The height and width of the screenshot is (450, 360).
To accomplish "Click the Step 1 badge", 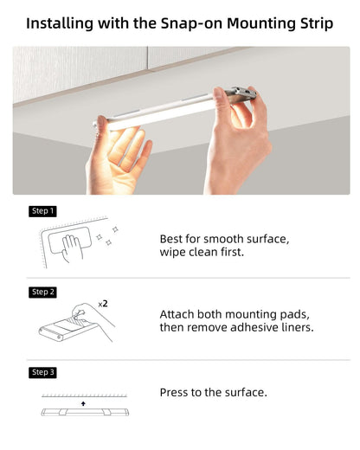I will pyautogui.click(x=43, y=211).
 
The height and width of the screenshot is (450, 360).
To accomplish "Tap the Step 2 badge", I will pyautogui.click(x=43, y=292).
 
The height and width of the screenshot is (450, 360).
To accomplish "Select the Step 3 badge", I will pyautogui.click(x=43, y=372).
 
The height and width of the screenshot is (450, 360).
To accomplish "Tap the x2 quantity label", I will pyautogui.click(x=103, y=305).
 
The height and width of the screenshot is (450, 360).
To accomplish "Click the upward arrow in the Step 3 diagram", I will pyautogui.click(x=83, y=404).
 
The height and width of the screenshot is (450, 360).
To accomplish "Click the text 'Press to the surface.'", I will pyautogui.click(x=214, y=393).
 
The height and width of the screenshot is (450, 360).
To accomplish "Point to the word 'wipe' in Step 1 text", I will pyautogui.click(x=174, y=253).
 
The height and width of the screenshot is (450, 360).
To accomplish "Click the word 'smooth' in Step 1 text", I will pyautogui.click(x=220, y=238).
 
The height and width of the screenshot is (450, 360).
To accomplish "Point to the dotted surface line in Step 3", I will pyautogui.click(x=83, y=396).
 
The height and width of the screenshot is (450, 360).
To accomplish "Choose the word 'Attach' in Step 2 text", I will pyautogui.click(x=179, y=314).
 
